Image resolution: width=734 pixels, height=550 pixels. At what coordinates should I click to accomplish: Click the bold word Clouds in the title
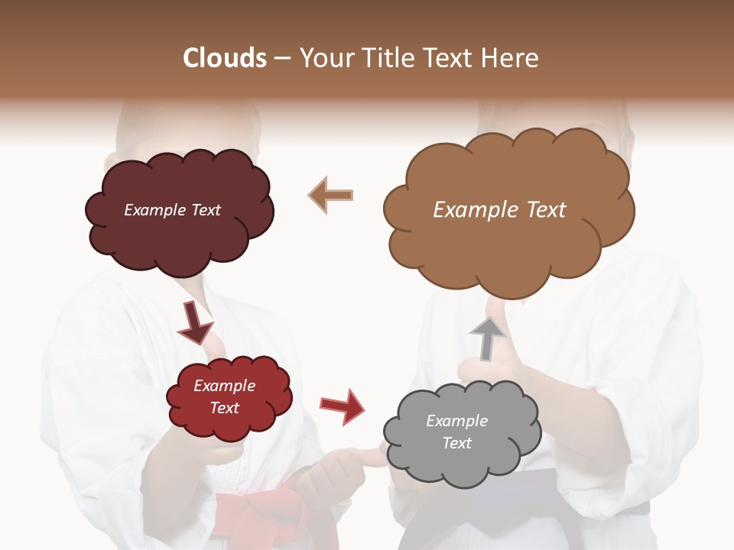[225, 58]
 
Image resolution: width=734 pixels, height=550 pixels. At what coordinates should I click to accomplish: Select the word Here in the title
[509, 58]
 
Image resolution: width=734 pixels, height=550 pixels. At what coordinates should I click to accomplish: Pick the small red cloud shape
[229, 397]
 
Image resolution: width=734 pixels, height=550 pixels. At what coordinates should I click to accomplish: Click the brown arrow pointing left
[330, 195]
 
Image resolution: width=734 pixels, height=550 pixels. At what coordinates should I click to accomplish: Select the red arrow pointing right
[343, 406]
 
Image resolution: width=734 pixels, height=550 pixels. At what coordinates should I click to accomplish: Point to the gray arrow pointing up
[488, 338]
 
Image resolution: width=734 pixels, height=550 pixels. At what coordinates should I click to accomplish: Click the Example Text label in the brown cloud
[499, 210]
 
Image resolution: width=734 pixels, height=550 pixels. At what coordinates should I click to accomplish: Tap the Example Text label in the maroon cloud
[172, 210]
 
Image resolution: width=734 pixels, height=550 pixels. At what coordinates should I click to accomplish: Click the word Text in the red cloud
[225, 408]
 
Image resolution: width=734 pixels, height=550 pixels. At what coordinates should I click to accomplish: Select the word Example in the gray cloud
[456, 421]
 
